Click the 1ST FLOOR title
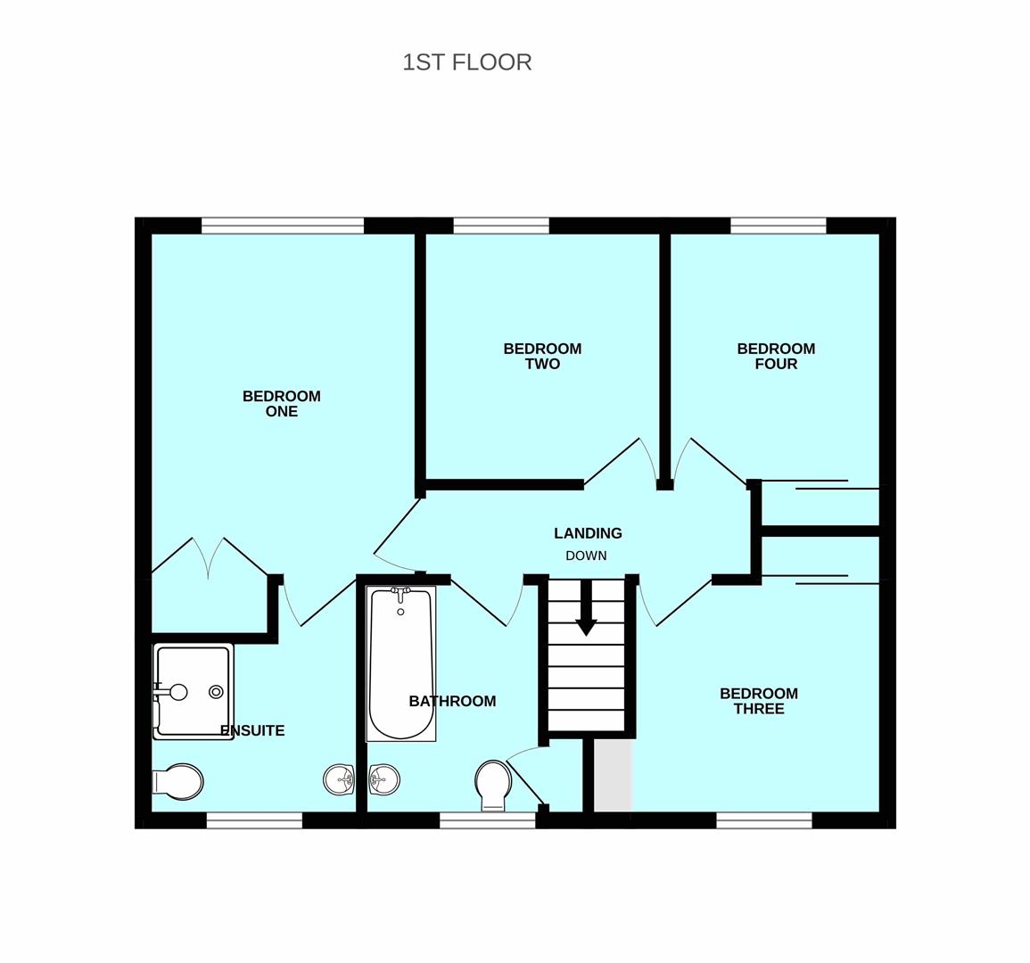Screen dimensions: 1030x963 point(467,62)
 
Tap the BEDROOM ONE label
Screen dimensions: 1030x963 point(282,403)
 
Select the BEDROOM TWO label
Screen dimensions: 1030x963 point(542,356)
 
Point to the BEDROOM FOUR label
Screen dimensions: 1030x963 point(776,356)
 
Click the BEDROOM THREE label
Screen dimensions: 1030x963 point(759,701)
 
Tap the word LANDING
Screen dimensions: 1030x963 point(588,533)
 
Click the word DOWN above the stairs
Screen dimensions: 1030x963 point(586,556)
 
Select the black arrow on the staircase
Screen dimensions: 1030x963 point(586,607)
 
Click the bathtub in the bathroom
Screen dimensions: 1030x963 point(401,664)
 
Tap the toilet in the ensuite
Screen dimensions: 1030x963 point(178,782)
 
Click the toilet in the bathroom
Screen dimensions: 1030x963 point(493,785)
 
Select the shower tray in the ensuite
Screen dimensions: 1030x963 point(194,692)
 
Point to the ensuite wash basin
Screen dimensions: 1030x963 point(339,779)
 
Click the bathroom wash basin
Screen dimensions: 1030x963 point(383,779)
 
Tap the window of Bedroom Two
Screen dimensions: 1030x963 point(501,226)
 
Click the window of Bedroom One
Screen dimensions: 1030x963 point(283,226)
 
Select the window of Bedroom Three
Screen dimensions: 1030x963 point(764,820)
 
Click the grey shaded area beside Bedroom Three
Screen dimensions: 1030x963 point(614,775)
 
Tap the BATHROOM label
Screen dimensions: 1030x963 point(453,702)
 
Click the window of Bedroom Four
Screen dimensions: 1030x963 point(779,226)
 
